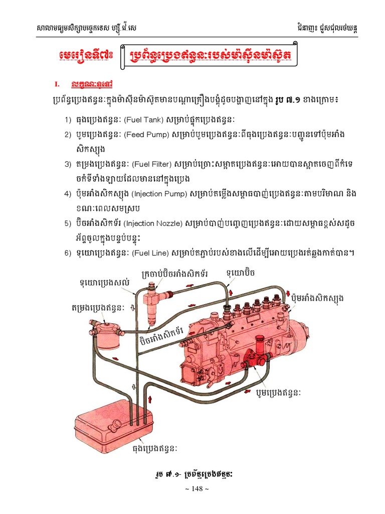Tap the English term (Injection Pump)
(x=162, y=194)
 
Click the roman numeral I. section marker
(x=57, y=83)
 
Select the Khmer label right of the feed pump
(x=278, y=392)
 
